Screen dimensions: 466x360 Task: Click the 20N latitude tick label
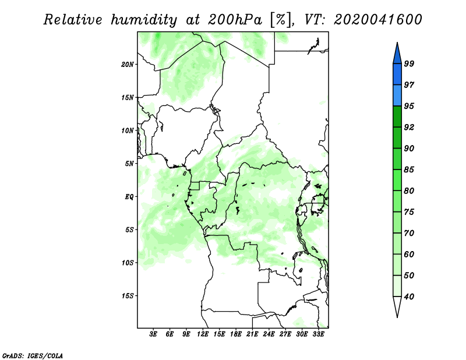pyautogui.click(x=128, y=65)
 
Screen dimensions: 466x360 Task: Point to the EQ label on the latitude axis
pyautogui.click(x=129, y=197)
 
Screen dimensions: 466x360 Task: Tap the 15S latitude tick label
pyautogui.click(x=128, y=296)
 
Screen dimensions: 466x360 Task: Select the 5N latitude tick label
pyautogui.click(x=129, y=164)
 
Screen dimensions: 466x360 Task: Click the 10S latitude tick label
pyautogui.click(x=128, y=263)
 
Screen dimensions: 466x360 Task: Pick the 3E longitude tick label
pyautogui.click(x=153, y=334)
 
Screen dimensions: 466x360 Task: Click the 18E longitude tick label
pyautogui.click(x=236, y=334)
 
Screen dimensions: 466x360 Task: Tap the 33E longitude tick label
pyautogui.click(x=318, y=334)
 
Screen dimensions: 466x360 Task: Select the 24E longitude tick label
pyautogui.click(x=269, y=334)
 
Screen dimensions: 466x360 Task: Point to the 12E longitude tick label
pyautogui.click(x=203, y=334)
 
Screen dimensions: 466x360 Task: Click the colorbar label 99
pyautogui.click(x=409, y=63)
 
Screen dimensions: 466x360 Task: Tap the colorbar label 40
pyautogui.click(x=409, y=297)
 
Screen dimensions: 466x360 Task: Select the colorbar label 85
pyautogui.click(x=409, y=170)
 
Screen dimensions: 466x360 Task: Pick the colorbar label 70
pyautogui.click(x=409, y=233)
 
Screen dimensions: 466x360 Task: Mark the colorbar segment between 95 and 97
pyautogui.click(x=397, y=96)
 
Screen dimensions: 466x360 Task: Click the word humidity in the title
pyautogui.click(x=144, y=20)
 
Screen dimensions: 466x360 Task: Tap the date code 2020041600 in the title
pyautogui.click(x=377, y=20)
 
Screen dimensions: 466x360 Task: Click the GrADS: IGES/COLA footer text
pyautogui.click(x=33, y=355)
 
